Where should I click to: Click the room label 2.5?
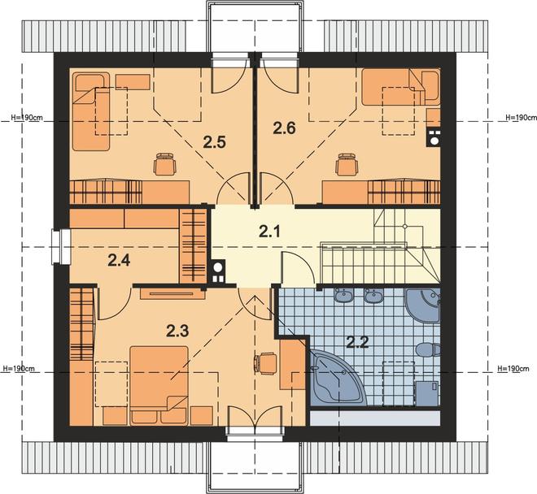click(x=214, y=142)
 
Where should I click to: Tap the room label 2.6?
click(x=284, y=128)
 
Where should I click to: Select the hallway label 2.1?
click(x=269, y=232)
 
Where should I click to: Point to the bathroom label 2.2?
click(x=357, y=341)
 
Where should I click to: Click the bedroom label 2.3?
click(x=177, y=331)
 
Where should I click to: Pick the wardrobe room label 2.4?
click(x=119, y=261)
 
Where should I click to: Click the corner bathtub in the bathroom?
click(x=338, y=378)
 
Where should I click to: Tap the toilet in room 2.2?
click(x=428, y=349)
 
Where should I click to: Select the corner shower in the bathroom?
click(x=423, y=305)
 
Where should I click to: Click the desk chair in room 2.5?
click(x=166, y=165)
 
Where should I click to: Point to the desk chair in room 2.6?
click(x=347, y=165)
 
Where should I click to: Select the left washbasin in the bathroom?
click(x=344, y=296)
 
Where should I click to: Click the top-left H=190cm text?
click(x=27, y=117)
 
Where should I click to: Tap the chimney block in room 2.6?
click(x=434, y=136)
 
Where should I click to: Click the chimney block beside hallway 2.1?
click(x=217, y=271)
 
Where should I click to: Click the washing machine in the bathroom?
click(x=427, y=393)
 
